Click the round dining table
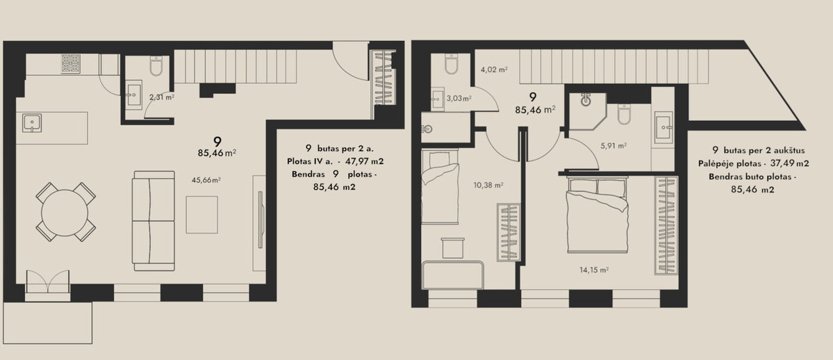(65, 213)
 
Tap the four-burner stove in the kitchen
(71, 64)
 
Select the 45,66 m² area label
(206, 180)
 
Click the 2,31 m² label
(161, 97)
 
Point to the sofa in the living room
(154, 221)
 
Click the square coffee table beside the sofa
(202, 215)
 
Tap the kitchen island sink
(32, 123)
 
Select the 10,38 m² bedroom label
(488, 185)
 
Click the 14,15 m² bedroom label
(593, 270)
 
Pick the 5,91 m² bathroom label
(613, 145)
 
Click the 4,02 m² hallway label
(494, 69)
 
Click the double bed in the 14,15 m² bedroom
(597, 215)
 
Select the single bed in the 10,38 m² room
(440, 187)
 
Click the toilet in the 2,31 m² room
(156, 66)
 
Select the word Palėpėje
(716, 164)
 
